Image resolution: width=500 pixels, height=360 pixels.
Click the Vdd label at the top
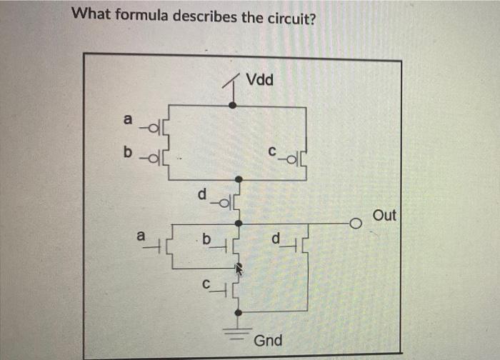[x=259, y=79]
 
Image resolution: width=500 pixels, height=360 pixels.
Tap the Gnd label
[x=268, y=341]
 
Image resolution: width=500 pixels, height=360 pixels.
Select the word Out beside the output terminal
[x=384, y=215]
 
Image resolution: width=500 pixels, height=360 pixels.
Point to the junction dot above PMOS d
[x=238, y=180]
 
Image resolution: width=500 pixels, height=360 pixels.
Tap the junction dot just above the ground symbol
[x=238, y=311]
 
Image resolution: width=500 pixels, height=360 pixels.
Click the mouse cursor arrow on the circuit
[x=240, y=269]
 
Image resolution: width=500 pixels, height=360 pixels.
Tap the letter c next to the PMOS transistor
[x=271, y=151]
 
